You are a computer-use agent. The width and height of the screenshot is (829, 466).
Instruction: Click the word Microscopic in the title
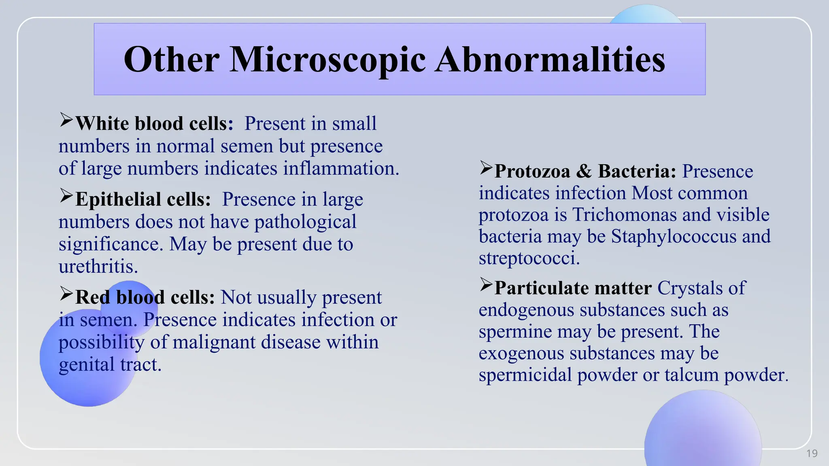point(327,59)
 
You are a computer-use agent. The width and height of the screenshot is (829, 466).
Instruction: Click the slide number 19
point(812,453)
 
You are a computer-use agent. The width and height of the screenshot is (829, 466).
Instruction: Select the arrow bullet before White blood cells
point(66,120)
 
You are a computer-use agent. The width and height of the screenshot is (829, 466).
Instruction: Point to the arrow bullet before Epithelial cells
point(66,196)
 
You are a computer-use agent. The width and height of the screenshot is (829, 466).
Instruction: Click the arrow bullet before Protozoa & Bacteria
point(486,168)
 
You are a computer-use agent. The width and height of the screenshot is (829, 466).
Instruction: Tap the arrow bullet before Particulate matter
point(486,285)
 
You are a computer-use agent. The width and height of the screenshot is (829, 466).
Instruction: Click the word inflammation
point(340,168)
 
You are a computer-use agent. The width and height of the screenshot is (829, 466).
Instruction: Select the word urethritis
point(98,267)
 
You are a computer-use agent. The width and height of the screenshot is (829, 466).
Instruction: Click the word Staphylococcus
point(674,237)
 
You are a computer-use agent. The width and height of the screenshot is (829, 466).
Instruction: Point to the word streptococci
point(529,258)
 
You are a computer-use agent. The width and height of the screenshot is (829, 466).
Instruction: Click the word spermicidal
point(525,375)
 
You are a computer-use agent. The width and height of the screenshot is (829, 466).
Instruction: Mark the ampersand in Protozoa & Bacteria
point(584,171)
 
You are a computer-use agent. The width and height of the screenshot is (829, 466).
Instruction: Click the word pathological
point(305,222)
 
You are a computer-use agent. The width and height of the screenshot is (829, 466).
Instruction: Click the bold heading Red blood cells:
point(145,297)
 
